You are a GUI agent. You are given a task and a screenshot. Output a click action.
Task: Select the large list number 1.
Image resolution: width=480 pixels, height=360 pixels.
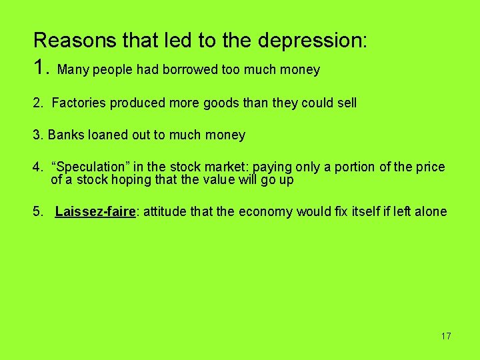pos(41,67)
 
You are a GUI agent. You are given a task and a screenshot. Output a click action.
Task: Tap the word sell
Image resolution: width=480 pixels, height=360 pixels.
pos(345,103)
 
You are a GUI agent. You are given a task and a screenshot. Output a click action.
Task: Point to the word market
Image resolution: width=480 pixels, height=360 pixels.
pos(231,167)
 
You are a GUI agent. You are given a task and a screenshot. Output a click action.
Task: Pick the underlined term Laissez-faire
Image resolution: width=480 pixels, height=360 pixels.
pos(95,212)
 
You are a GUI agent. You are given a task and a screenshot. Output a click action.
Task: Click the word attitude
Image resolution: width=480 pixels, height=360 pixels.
pos(164,212)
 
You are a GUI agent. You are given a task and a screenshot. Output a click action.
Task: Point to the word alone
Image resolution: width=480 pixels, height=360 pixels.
pos(431,212)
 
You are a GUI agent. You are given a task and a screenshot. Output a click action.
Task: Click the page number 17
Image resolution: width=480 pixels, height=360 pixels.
pos(445,336)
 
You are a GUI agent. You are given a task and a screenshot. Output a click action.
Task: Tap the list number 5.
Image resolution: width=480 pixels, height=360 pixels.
pos(37,212)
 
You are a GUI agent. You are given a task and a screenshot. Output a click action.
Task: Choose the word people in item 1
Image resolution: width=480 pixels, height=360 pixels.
pos(106,70)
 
